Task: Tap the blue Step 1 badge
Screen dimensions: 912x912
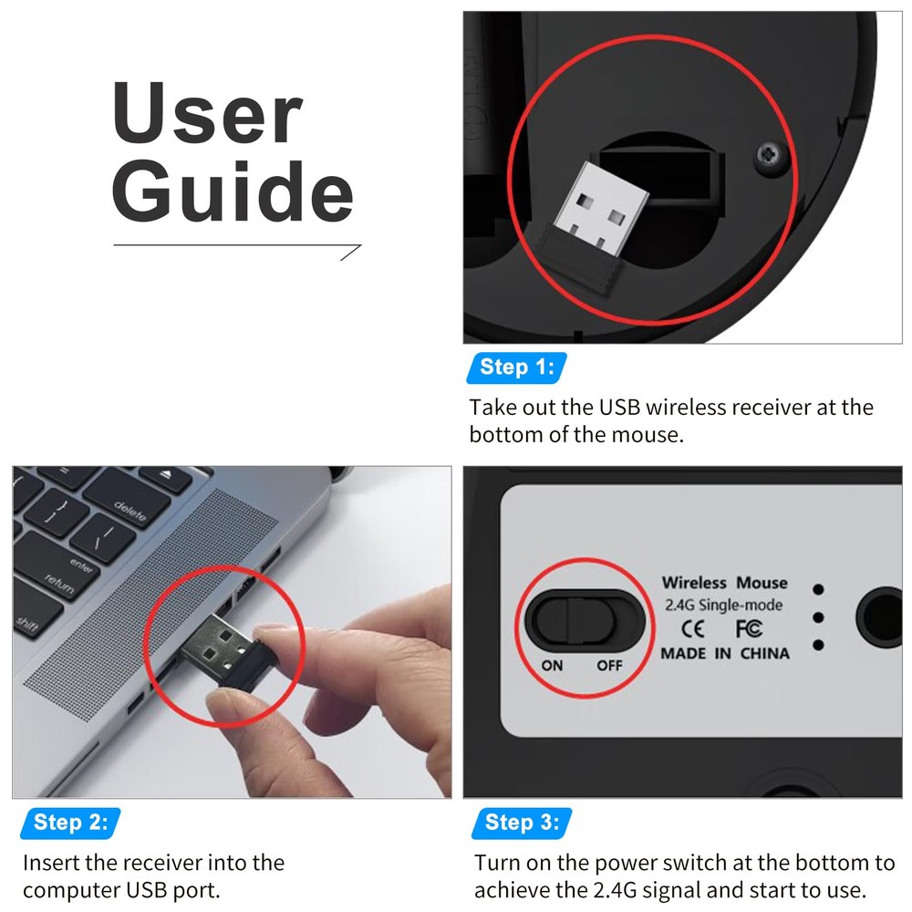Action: (x=516, y=368)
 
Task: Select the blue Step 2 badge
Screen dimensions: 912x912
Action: (x=70, y=823)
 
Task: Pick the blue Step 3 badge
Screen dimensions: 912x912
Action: (x=521, y=823)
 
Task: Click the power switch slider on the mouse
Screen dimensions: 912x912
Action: (x=585, y=618)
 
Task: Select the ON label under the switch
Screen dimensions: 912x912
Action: (x=552, y=666)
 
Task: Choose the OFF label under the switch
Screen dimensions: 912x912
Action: (x=609, y=666)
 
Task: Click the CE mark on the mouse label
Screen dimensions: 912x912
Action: (x=692, y=628)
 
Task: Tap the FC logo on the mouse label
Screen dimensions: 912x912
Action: (x=749, y=628)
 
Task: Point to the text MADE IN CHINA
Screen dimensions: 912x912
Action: (x=725, y=654)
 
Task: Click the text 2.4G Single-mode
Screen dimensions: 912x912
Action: (x=724, y=605)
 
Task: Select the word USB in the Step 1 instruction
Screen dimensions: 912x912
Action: (x=620, y=408)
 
